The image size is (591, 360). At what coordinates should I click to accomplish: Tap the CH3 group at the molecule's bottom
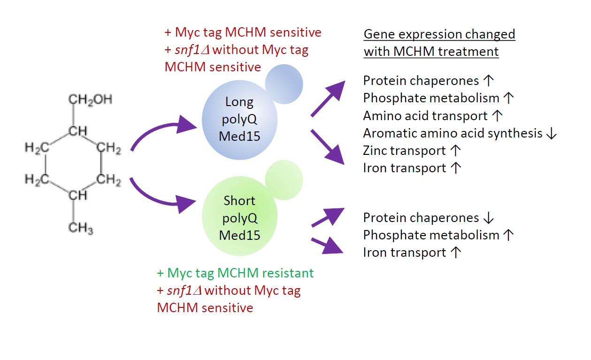coord(80,229)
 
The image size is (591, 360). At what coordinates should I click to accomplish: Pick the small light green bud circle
coord(284,180)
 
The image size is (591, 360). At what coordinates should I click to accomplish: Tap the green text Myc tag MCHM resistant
coord(235,273)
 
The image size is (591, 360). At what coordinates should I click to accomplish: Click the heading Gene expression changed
coord(439,34)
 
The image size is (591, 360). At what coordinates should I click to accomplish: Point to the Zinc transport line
coord(404,151)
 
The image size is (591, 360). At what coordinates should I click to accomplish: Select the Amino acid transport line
coord(425,115)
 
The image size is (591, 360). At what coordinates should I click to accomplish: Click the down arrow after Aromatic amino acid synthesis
coord(552,133)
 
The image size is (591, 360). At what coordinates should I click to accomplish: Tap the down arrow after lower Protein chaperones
coord(488,218)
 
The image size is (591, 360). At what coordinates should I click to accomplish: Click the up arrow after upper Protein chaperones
coord(488,81)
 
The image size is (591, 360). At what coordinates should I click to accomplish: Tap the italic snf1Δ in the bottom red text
coord(184,291)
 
